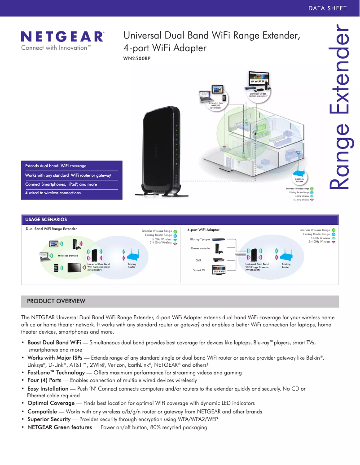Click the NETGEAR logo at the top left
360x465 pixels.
pyautogui.click(x=63, y=36)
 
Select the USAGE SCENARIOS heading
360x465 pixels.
pyautogui.click(x=46, y=220)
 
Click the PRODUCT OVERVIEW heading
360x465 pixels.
pyautogui.click(x=56, y=301)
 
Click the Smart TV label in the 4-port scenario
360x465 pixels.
pyautogui.click(x=199, y=270)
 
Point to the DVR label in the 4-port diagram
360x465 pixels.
pyautogui.click(x=198, y=260)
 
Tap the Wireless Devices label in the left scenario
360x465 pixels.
pyautogui.click(x=68, y=256)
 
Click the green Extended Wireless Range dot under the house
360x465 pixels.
pyautogui.click(x=312, y=189)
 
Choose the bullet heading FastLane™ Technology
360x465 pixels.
pyautogui.click(x=56, y=373)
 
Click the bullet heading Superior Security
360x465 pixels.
pyautogui.click(x=49, y=419)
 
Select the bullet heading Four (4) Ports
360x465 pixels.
pyautogui.click(x=44, y=380)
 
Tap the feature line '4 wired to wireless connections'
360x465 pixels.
pyautogui.click(x=53, y=193)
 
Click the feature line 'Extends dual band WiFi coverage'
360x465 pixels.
pyautogui.click(x=56, y=166)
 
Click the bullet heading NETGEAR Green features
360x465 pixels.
pyautogui.click(x=59, y=427)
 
